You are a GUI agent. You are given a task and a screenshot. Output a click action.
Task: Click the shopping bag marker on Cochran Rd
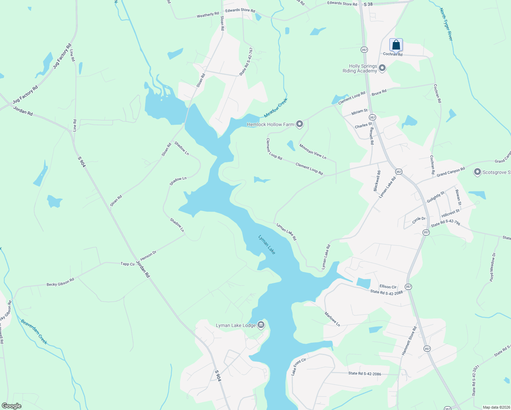point(396,45)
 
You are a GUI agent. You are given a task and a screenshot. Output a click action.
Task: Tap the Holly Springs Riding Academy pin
point(382,68)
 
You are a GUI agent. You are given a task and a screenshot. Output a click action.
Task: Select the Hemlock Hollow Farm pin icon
point(300,124)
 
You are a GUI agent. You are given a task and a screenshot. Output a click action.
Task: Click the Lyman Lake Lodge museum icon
point(261,325)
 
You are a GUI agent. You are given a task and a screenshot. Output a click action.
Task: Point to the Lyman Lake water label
point(267,244)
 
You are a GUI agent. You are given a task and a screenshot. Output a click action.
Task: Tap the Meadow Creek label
point(276,108)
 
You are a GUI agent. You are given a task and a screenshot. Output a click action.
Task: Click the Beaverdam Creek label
point(34,331)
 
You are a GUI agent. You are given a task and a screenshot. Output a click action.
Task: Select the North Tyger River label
point(446,24)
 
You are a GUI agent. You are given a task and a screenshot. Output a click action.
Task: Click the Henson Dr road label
point(148,255)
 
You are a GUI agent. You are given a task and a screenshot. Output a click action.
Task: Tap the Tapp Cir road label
point(128,264)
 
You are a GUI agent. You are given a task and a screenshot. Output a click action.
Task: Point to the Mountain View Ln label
point(313,151)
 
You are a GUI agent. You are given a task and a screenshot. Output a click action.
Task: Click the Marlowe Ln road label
point(332,319)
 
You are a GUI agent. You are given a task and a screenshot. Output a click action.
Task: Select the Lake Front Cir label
point(298,367)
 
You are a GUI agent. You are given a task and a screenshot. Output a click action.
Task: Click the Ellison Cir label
point(388,287)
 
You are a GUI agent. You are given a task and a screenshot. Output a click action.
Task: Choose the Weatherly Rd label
point(208,15)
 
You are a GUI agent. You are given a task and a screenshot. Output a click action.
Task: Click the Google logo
point(12,406)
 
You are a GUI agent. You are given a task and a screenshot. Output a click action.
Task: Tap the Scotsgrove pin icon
point(478,172)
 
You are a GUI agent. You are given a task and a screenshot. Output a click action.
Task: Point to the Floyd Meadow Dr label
point(492,267)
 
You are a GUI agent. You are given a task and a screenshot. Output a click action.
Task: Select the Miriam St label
point(359,112)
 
